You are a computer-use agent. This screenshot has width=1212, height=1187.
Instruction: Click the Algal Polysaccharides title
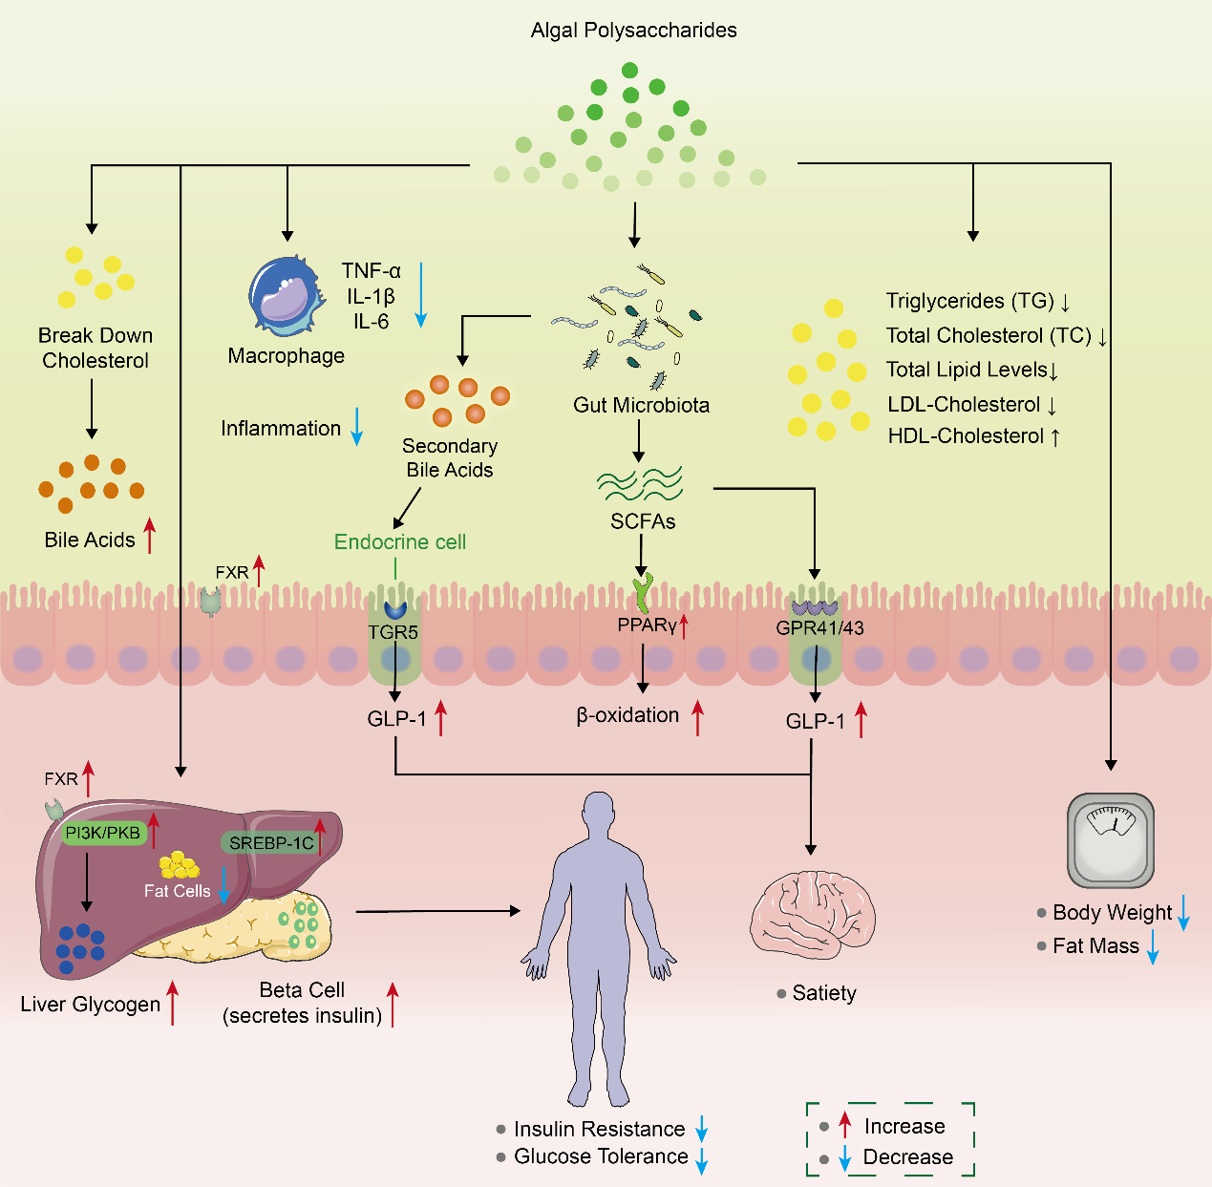coord(633,31)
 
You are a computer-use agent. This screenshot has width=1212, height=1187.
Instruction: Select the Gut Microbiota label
coord(641,405)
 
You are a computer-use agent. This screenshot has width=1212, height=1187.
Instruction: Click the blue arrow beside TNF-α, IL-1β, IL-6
coord(420,295)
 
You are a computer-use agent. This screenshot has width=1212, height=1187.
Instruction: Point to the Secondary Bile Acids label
coord(449,457)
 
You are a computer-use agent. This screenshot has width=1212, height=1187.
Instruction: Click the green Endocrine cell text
coord(399,541)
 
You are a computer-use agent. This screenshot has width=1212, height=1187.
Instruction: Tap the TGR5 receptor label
coord(393,632)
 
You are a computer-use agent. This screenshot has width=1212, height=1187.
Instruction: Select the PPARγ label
coord(647,626)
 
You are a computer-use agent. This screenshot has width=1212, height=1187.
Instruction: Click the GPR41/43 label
coord(819,627)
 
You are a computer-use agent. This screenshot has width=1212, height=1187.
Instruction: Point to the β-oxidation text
coord(627,715)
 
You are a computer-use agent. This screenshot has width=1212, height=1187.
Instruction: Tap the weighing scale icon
coord(1110,839)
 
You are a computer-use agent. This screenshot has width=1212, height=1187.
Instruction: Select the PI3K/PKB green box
coord(102,833)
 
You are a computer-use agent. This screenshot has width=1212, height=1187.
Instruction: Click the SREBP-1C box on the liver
coord(271,843)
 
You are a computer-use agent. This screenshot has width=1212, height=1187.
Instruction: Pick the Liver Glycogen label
coord(90,1005)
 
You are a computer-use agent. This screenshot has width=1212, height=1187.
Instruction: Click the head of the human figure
coord(598,813)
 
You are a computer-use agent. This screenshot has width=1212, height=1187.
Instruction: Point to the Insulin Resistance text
coord(599,1129)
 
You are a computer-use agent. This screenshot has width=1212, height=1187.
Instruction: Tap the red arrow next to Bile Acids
coord(149,536)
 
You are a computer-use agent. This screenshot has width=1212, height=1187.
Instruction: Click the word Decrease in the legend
coord(907,1157)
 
